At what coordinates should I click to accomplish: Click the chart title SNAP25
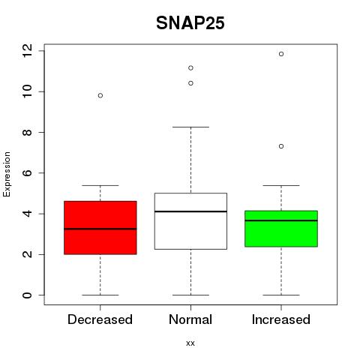pos(190,23)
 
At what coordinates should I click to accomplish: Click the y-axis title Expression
pos(7,174)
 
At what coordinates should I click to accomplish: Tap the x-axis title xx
pos(190,343)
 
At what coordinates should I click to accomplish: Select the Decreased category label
pos(100,319)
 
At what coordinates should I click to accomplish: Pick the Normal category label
pos(190,319)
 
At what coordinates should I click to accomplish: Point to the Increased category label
pos(281,319)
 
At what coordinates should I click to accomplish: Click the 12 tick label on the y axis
pos(27,51)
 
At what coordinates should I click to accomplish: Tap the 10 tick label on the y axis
pos(27,91)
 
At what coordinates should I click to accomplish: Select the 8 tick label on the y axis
pos(27,132)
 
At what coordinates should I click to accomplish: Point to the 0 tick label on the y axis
pos(27,295)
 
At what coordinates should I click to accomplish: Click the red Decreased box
pos(100,227)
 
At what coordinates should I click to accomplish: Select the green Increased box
pos(281,229)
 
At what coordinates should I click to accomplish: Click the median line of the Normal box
pos(190,211)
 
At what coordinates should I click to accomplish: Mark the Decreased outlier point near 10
pos(100,95)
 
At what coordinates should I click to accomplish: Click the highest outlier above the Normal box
pos(190,68)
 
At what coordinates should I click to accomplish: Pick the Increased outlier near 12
pos(281,54)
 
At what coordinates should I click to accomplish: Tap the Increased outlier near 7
pos(281,146)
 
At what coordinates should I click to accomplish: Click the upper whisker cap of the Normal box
pos(190,127)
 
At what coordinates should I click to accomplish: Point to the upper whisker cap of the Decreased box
pos(100,185)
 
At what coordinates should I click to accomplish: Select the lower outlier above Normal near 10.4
pos(190,83)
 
